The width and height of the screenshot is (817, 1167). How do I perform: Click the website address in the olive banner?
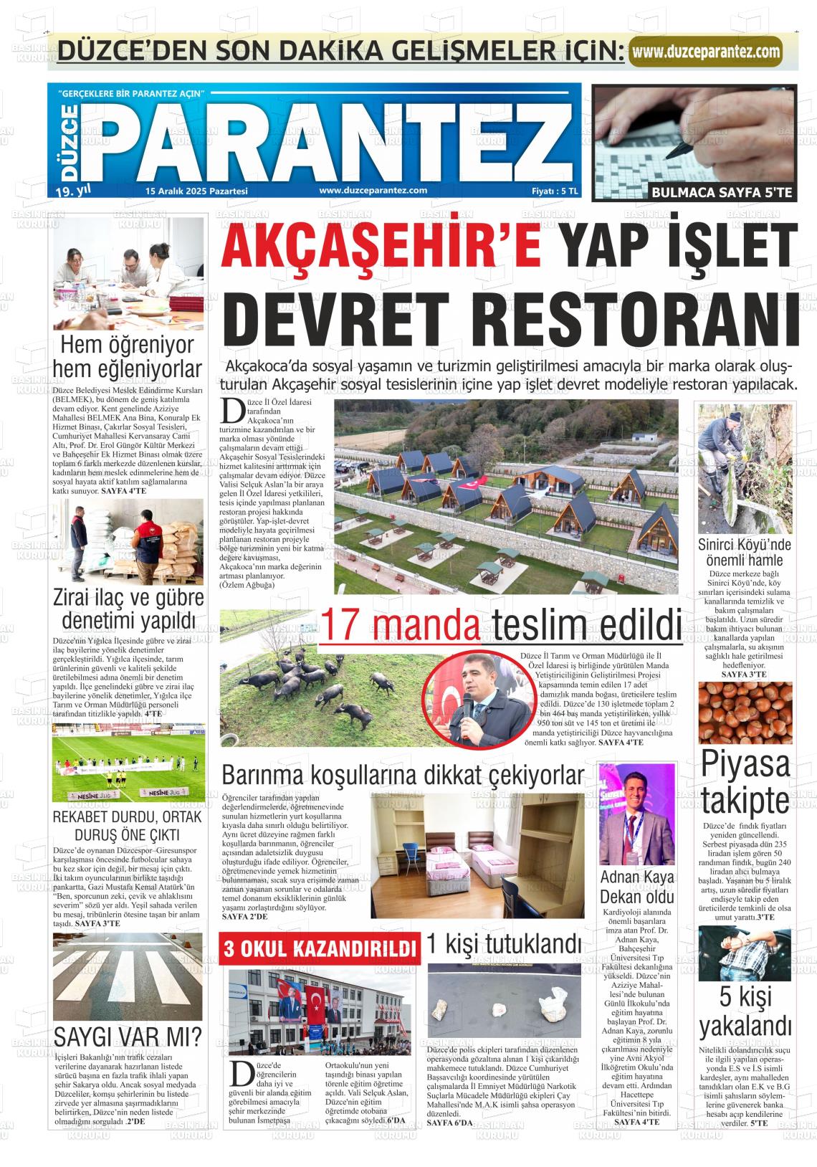[x=706, y=52]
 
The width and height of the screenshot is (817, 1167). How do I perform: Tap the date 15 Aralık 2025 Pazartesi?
[x=196, y=191]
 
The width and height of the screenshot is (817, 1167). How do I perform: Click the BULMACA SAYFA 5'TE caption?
[x=720, y=192]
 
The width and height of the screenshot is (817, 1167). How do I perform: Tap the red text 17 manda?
[x=401, y=624]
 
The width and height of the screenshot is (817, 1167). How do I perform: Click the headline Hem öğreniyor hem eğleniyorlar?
[x=128, y=357]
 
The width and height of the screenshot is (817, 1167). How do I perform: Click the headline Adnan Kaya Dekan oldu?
[x=636, y=887]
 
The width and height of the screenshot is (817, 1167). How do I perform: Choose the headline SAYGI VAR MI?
[x=127, y=1037]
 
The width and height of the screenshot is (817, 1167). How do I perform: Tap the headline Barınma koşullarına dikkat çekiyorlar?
[x=403, y=776]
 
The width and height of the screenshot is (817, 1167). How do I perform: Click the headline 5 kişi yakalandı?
[x=745, y=1011]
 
